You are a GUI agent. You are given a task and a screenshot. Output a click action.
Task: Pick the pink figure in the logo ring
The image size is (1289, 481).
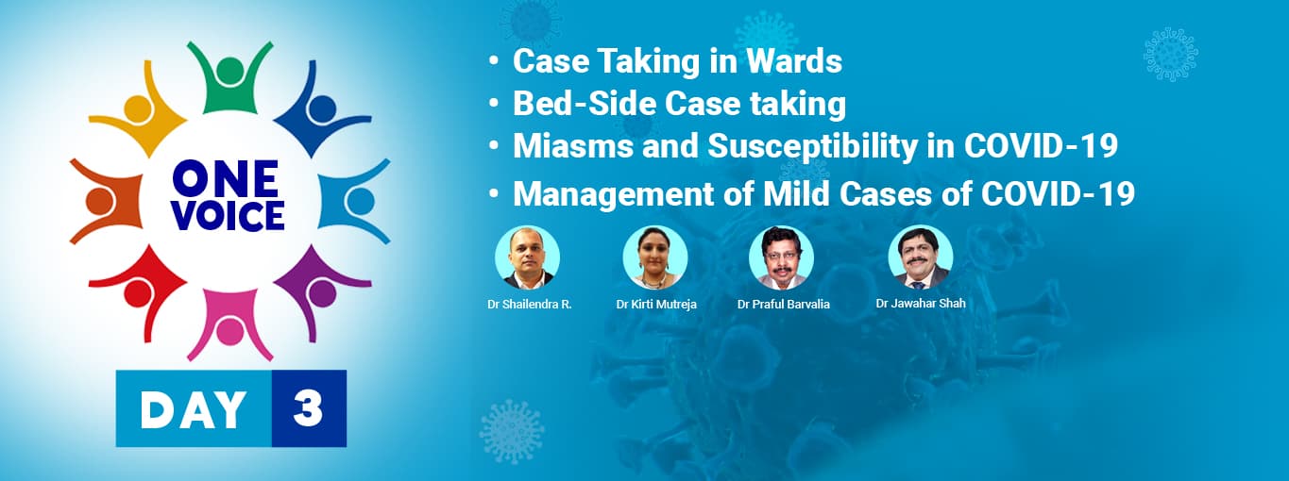coord(229,326)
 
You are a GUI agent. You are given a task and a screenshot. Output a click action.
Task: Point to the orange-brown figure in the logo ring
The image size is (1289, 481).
coord(103,200)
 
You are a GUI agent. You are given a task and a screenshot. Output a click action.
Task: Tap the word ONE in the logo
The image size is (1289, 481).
coord(226,179)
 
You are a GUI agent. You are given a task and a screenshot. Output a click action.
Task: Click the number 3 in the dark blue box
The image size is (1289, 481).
coord(308,408)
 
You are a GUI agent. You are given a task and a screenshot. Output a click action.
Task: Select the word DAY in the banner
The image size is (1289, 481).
coord(194,408)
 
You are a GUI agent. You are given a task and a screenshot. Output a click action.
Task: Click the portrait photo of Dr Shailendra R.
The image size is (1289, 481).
coord(528,257)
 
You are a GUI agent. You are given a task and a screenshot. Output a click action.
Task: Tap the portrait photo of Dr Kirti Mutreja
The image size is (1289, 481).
coord(655,257)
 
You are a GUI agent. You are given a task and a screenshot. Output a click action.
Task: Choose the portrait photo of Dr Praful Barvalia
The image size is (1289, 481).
coord(781,257)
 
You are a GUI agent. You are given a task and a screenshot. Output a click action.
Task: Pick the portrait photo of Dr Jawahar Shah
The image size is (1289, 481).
coord(921,257)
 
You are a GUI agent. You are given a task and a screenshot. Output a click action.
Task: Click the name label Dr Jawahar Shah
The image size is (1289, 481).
coord(921,304)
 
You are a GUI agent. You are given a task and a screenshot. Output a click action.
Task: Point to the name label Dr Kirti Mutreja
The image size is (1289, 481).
coord(656,305)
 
